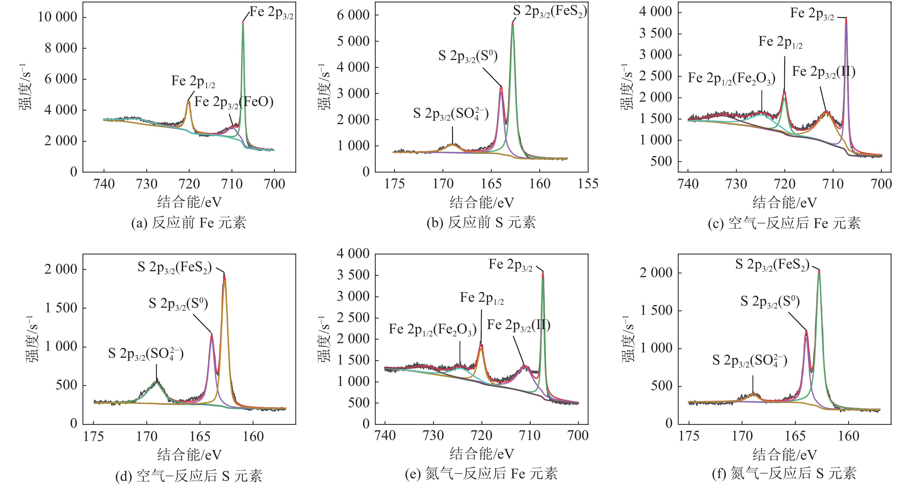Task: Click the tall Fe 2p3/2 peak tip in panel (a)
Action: [243, 22]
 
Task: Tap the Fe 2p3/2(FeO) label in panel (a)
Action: [234, 102]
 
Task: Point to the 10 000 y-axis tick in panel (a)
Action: [58, 17]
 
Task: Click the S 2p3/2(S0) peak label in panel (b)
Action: [468, 56]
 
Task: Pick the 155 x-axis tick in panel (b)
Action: [588, 184]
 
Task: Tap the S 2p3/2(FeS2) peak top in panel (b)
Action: [513, 23]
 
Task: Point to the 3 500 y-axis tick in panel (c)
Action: [655, 34]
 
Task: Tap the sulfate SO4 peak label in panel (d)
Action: [146, 354]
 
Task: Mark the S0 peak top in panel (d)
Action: [212, 334]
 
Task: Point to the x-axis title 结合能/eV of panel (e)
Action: [482, 454]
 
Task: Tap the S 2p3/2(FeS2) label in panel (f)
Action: [772, 265]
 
